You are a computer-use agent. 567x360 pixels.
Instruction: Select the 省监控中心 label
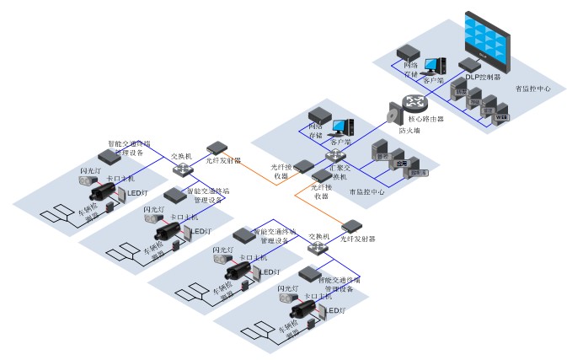pyautogui.click(x=532, y=88)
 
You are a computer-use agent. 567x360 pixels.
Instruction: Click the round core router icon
pyautogui.click(x=415, y=103)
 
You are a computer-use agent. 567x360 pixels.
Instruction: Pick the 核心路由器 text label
pyautogui.click(x=426, y=120)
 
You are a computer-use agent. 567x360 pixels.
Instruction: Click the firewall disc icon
pyautogui.click(x=393, y=114)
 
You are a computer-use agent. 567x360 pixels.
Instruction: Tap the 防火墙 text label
pyautogui.click(x=410, y=132)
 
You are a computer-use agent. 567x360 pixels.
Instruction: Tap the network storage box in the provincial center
pyautogui.click(x=409, y=52)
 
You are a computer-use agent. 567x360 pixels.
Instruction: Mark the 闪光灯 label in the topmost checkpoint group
pyautogui.click(x=91, y=171)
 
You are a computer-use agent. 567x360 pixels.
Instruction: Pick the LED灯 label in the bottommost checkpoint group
pyautogui.click(x=336, y=311)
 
